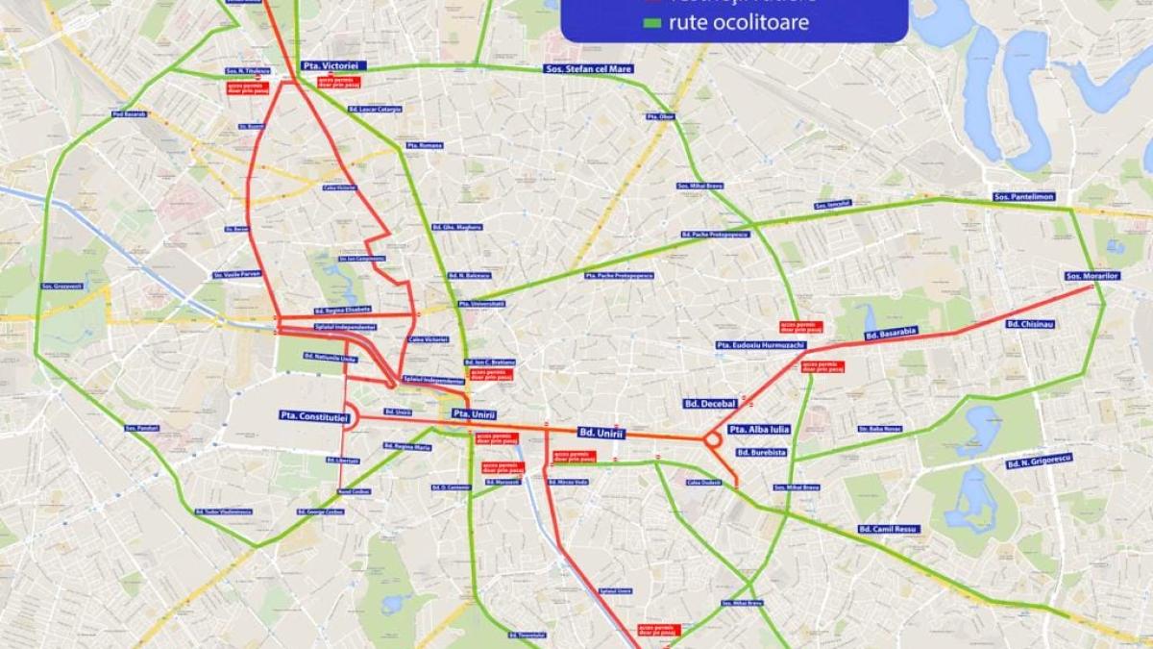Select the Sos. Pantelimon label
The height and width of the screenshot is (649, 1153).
pyautogui.click(x=1024, y=196)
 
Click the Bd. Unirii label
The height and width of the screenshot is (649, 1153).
pyautogui.click(x=601, y=434)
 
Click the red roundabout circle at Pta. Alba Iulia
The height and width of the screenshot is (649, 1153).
pyautogui.click(x=714, y=440)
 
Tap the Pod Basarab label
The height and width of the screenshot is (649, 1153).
pyautogui.click(x=129, y=114)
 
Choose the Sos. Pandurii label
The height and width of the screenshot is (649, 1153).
pyautogui.click(x=141, y=427)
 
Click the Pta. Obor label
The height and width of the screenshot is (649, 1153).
pyautogui.click(x=660, y=116)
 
